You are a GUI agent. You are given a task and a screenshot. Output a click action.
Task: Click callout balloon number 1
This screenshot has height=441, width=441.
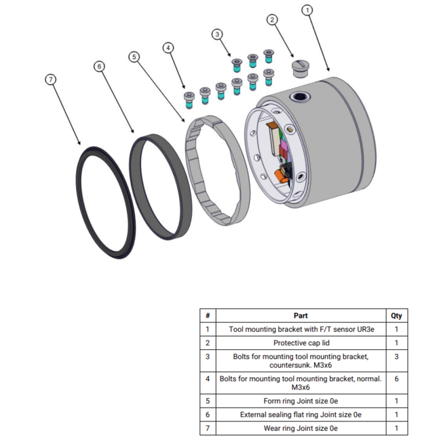point(307,10)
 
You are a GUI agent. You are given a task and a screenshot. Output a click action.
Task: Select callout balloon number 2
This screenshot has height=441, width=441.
point(273,19)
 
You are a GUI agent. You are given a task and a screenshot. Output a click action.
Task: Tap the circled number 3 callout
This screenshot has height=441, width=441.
point(216,33)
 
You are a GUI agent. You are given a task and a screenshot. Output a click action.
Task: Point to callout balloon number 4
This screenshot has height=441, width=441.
point(168,47)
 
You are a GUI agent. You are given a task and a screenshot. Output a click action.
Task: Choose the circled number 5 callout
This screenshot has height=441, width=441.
point(134,56)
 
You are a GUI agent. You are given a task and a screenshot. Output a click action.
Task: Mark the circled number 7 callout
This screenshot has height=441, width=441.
point(50,79)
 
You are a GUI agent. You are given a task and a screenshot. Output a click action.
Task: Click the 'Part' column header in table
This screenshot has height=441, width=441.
point(301,315)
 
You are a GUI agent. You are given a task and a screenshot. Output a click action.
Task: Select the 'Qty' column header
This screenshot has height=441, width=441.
point(396,315)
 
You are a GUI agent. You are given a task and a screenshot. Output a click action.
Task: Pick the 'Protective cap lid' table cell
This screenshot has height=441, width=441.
point(301,343)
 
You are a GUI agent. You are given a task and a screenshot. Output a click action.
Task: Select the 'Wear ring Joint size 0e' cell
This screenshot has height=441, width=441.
point(301,428)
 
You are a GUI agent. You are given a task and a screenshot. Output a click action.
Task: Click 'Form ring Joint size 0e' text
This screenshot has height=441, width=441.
point(301,400)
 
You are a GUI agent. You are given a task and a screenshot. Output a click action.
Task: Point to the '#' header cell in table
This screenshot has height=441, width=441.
point(208,315)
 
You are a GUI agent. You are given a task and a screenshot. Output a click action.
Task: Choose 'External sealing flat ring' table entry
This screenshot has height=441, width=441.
point(301,415)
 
